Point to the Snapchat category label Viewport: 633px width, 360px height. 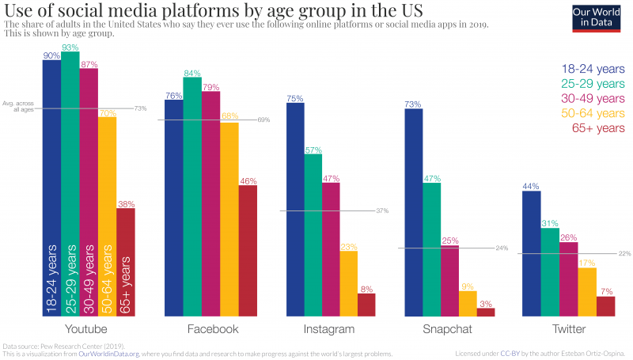[449, 329]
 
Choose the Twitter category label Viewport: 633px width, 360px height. [568, 329]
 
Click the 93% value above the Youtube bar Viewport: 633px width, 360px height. [70, 48]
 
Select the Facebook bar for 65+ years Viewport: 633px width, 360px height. [248, 251]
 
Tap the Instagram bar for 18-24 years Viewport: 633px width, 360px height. [295, 210]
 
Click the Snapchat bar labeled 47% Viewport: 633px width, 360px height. [431, 250]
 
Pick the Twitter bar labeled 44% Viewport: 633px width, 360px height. [531, 254]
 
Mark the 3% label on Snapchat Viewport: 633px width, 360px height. [486, 304]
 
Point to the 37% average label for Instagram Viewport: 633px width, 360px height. [382, 211]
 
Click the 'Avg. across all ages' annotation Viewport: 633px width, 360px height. [22, 106]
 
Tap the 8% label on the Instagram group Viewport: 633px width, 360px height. [366, 289]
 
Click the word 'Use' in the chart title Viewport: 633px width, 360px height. [17, 11]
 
